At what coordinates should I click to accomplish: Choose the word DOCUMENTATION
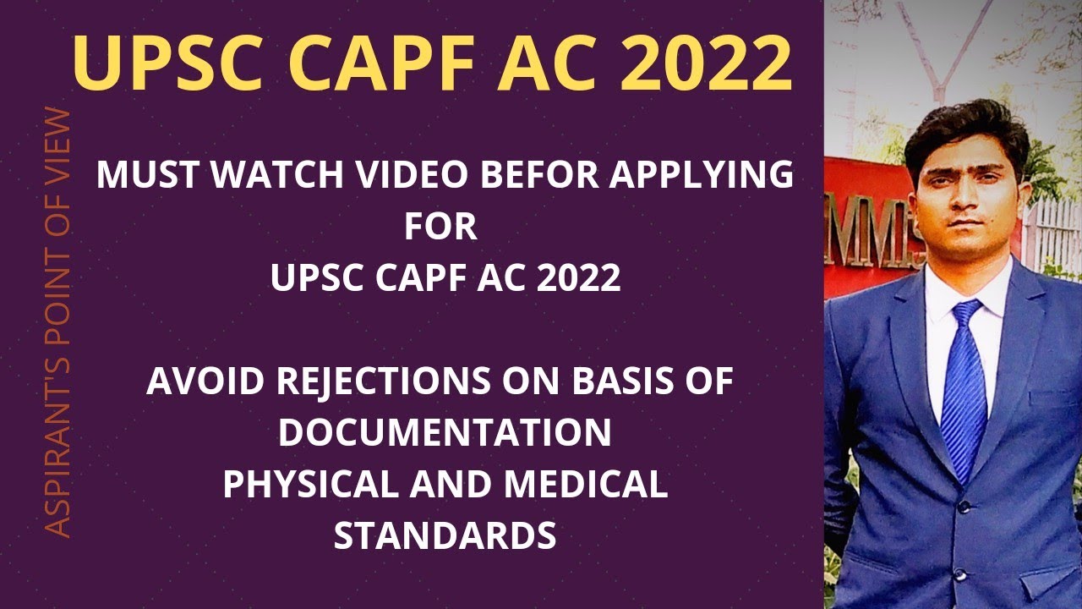tap(445, 433)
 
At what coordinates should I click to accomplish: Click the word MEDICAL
tap(585, 485)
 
